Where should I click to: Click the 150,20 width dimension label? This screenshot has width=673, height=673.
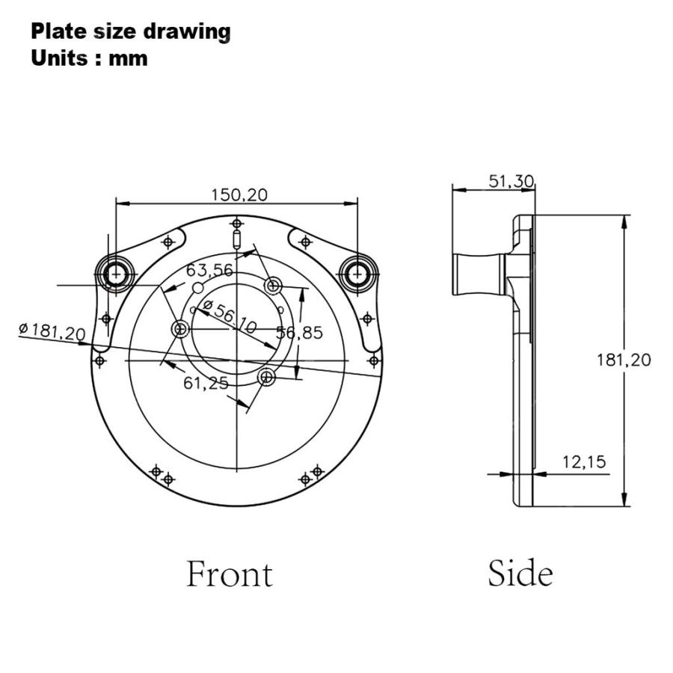click(x=239, y=195)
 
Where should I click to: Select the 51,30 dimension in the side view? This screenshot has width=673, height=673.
click(x=511, y=181)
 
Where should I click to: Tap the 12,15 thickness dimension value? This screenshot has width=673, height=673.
click(x=584, y=462)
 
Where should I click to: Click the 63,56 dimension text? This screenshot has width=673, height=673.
click(x=209, y=271)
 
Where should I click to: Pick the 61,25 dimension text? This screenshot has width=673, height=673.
click(x=206, y=383)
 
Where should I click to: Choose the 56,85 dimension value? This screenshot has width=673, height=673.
click(x=299, y=333)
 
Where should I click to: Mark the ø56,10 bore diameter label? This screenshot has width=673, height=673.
click(x=230, y=317)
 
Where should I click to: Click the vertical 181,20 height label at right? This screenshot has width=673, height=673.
click(x=624, y=360)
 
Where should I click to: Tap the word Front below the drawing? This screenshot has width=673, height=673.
click(x=230, y=574)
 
